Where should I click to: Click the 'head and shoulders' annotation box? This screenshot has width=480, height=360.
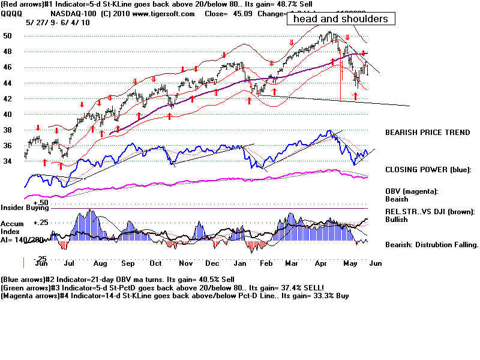coord(340,19)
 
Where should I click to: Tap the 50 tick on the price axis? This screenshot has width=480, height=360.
coord(8,36)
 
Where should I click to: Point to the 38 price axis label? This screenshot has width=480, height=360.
coord(8,130)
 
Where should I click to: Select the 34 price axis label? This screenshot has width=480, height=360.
coord(8,161)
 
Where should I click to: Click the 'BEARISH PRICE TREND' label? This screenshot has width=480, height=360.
coord(427,132)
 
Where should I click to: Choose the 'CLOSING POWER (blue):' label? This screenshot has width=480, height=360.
coord(428,169)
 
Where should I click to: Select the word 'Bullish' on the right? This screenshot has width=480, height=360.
coord(397,220)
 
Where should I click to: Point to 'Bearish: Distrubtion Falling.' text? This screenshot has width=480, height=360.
coord(431,245)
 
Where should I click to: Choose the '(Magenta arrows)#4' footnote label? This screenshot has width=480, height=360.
coord(35,296)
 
